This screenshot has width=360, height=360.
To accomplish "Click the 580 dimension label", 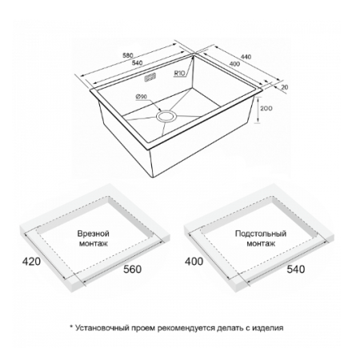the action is pos(128,56).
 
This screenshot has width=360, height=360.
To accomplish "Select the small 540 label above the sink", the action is pos(138,63).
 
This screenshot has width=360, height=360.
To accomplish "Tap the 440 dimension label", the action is pos(246,57).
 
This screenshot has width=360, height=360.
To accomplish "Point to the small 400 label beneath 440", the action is pos(234,64).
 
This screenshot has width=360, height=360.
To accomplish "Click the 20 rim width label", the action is pos(285,87).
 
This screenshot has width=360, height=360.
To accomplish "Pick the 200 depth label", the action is pos(266,109).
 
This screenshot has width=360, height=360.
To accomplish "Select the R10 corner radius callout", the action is pos(180,74).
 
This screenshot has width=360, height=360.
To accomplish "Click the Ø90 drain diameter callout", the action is pos(142,97).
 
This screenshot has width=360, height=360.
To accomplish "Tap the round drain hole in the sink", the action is pos(166,117).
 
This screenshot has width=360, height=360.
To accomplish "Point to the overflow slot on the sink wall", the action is pos(150,78).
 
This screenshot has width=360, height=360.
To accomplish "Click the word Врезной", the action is pos(94,234).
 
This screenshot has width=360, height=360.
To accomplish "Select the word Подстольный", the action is pos(261,234).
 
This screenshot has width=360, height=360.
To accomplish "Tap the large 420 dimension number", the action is pos(31,262).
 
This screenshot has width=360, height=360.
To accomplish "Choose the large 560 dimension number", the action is pos(132,269).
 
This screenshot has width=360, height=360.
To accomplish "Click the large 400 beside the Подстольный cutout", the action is pos(194,262).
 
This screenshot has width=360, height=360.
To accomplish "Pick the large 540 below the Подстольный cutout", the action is pos(296,269).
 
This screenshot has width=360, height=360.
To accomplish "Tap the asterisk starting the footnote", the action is pos(71,326).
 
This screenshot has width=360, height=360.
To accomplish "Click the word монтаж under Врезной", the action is pos(94,244).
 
